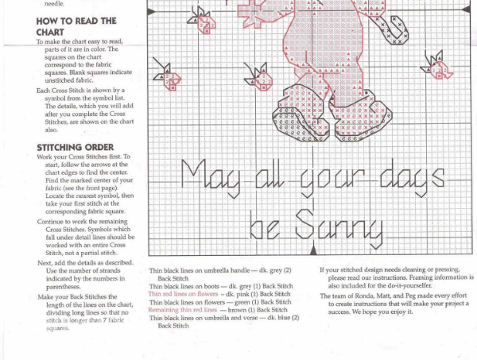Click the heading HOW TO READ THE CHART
coord(76,25)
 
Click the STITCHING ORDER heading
coord(75,148)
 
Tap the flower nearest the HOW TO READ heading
coord(168,75)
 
